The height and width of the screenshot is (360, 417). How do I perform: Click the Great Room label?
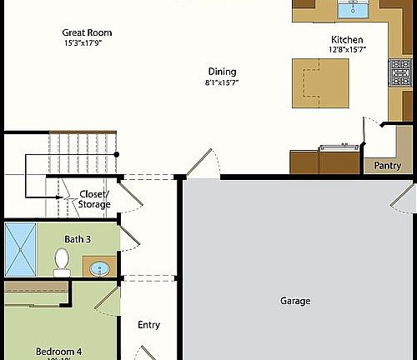(87, 33)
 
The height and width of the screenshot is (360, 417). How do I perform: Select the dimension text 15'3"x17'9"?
(87, 43)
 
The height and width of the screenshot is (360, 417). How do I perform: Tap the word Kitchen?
(347, 40)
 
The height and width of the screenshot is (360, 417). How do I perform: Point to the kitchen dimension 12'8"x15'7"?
(347, 50)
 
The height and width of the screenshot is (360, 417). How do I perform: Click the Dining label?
(222, 72)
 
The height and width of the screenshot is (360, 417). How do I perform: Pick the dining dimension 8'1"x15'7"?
(222, 82)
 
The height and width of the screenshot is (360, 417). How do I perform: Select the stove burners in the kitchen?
(399, 73)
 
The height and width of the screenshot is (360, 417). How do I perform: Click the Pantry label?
(387, 166)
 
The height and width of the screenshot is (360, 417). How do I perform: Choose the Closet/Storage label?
(94, 199)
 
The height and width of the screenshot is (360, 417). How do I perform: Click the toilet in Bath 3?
(62, 262)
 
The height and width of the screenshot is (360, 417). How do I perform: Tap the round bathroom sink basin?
(100, 269)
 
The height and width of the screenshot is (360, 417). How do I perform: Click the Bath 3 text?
(78, 239)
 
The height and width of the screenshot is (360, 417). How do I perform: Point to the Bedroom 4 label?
(58, 351)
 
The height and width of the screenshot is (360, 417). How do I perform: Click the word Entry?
(148, 325)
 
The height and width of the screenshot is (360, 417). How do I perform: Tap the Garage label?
(295, 301)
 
